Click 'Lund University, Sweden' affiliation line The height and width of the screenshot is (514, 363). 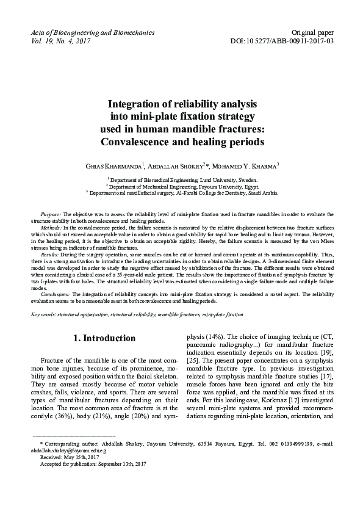coord(182,180)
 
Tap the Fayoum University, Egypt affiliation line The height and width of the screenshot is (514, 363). coord(182,186)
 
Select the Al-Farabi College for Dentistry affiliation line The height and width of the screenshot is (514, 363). coord(182,192)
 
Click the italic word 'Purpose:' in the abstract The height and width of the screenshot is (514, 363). coord(51,215)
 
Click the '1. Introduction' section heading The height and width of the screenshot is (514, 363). coord(104,338)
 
